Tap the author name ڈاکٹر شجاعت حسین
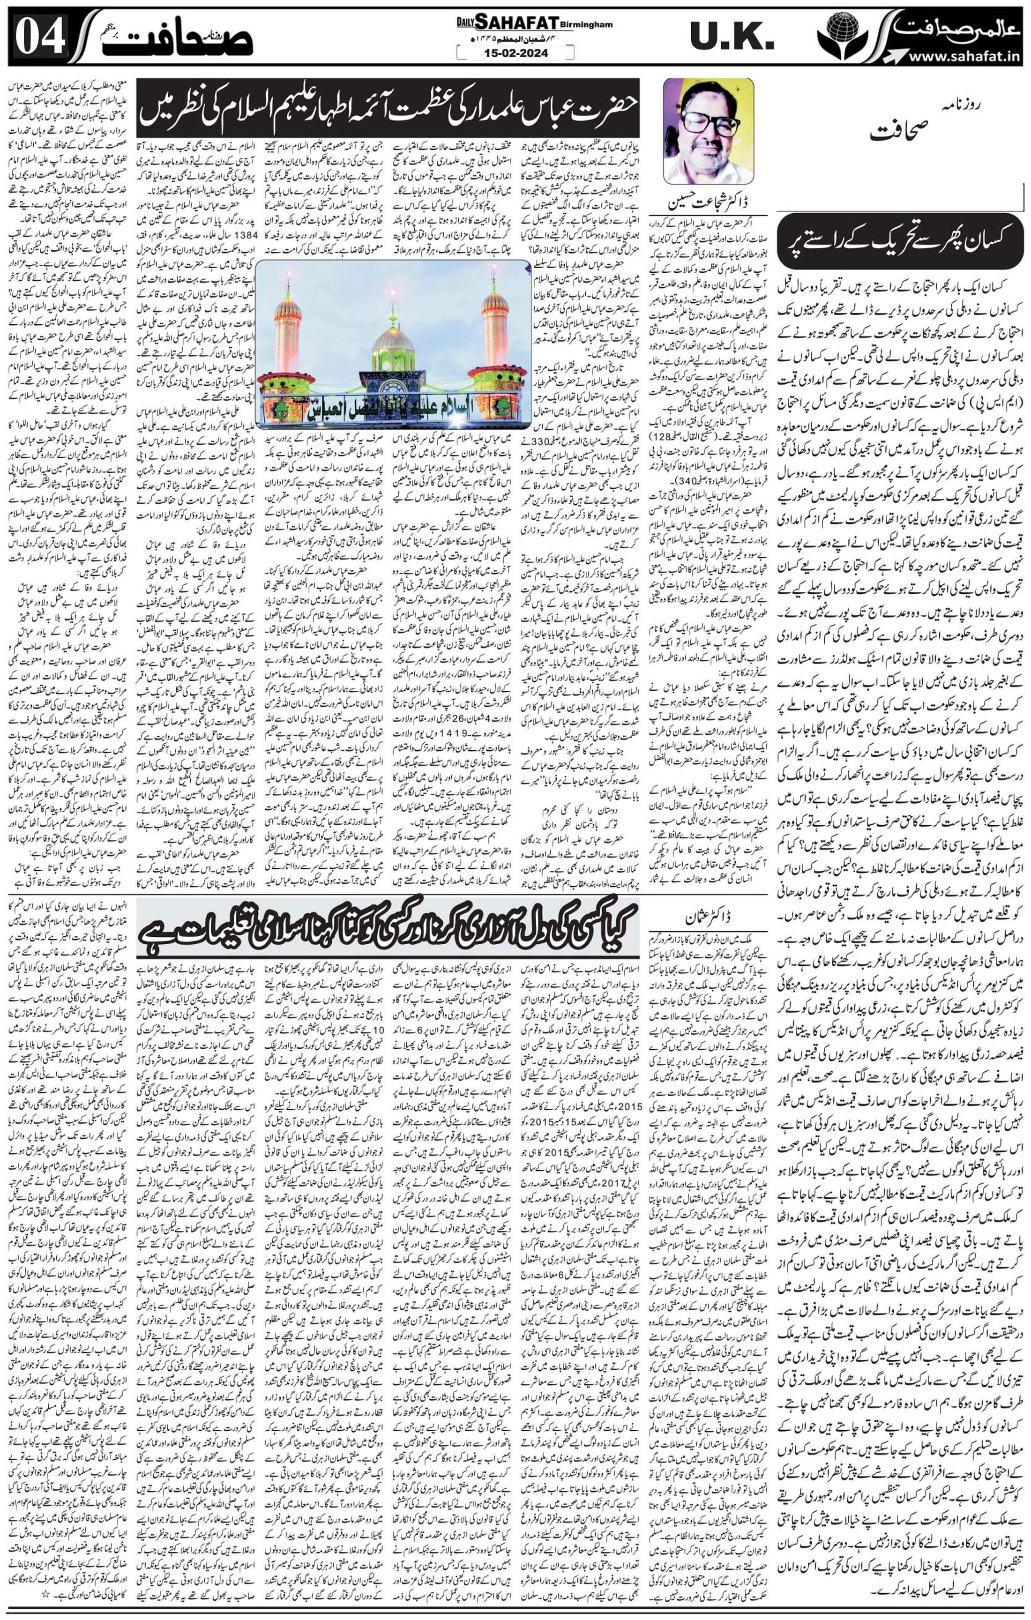pos(705,202)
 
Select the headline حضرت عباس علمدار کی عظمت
pos(389,108)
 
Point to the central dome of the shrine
pos(393,343)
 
